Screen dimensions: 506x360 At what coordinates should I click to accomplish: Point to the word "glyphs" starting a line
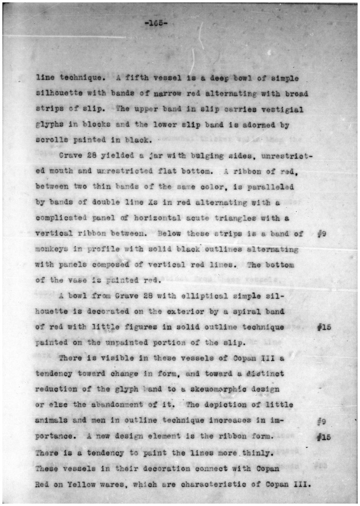49,124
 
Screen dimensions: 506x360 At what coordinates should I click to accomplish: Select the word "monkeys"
51,249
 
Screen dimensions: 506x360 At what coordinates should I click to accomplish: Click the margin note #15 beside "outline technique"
324,327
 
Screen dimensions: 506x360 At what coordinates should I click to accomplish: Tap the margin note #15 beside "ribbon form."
324,437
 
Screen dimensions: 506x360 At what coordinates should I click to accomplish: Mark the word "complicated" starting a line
61,218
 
